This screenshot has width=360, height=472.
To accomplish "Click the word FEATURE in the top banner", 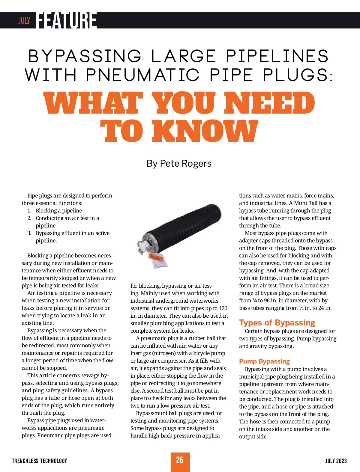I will (x=67, y=20).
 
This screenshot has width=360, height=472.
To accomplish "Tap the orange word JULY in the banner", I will (x=24, y=20).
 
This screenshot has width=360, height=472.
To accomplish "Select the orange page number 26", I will (x=180, y=460).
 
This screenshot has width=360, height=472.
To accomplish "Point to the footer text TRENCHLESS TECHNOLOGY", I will (x=40, y=461).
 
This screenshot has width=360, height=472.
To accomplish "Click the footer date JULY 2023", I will (x=336, y=461).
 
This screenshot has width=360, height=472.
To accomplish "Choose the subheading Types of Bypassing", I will (x=277, y=322).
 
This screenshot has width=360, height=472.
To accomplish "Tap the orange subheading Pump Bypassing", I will (x=264, y=361).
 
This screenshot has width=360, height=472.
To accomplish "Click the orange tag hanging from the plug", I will (x=155, y=257).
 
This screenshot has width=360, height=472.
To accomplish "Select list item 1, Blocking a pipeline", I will (x=58, y=211).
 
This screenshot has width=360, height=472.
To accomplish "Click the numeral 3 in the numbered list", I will (x=29, y=233).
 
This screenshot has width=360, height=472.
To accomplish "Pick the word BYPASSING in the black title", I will (x=85, y=56).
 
